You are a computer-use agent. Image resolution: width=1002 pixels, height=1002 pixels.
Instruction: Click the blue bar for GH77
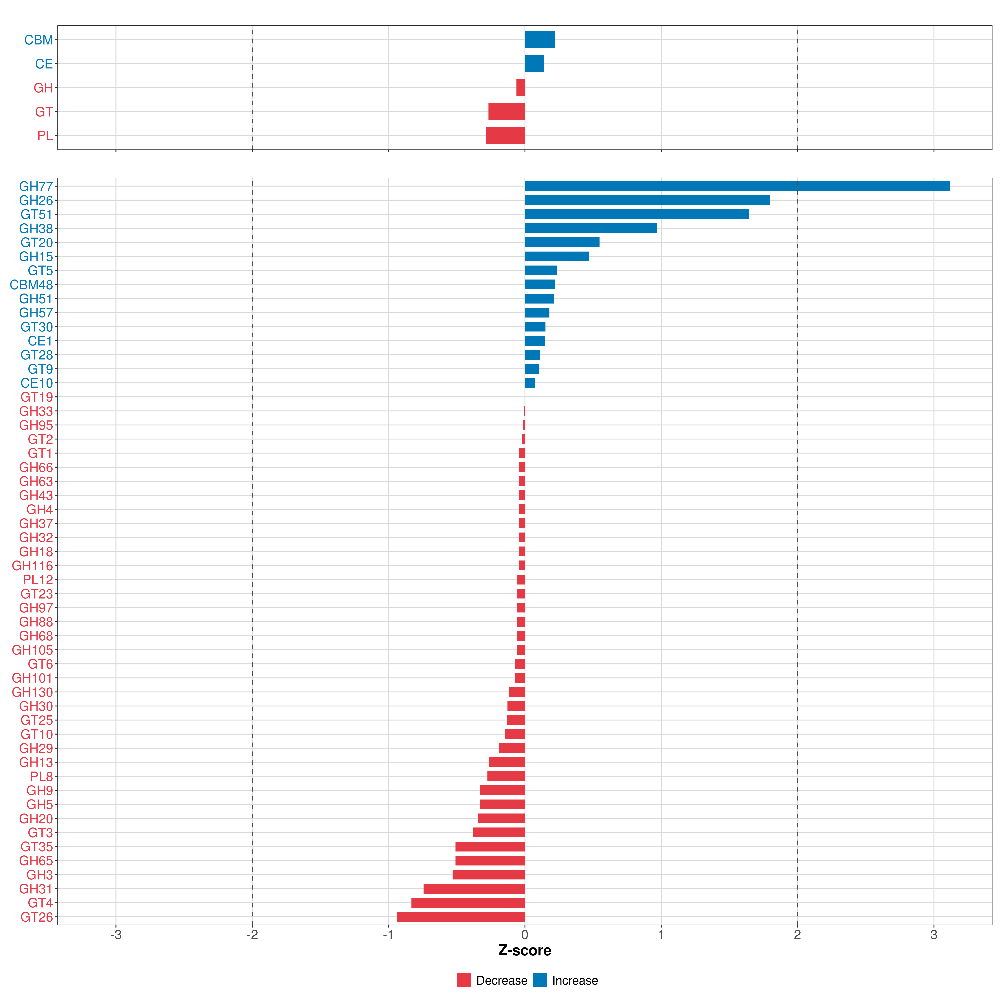coord(736,186)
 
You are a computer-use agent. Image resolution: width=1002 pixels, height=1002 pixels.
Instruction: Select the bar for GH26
coord(647,200)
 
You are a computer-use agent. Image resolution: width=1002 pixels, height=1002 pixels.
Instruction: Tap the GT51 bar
coord(636,214)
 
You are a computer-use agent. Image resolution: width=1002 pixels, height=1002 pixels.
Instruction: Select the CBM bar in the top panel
coord(540,40)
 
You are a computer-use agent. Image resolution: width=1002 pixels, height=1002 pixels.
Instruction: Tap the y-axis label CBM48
coord(31,285)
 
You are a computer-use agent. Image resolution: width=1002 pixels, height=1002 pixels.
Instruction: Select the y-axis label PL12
coord(38,580)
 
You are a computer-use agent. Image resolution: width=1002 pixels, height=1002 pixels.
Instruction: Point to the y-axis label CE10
coord(37,383)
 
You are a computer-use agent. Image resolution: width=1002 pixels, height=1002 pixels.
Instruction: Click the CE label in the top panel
coord(44,64)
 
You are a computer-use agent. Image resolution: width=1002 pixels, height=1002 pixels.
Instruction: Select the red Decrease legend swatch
coord(464,980)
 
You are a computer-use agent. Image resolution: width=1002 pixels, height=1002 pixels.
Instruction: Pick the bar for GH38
coord(590,228)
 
